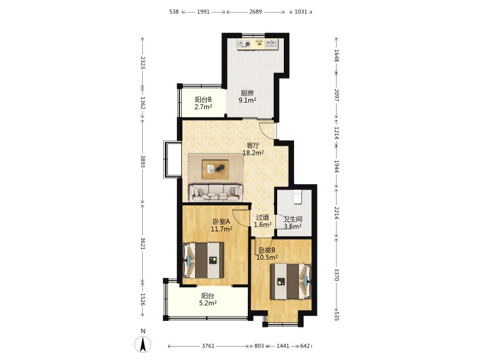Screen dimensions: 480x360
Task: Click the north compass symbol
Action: [x=143, y=344]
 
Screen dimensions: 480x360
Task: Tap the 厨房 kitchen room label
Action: [x=247, y=93]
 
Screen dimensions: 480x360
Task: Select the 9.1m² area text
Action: [x=247, y=100]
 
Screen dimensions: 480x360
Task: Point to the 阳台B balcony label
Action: [x=203, y=100]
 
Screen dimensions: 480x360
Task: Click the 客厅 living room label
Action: [x=253, y=145]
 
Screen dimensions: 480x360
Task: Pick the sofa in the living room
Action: [x=216, y=193]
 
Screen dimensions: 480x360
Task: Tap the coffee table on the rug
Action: [x=215, y=169]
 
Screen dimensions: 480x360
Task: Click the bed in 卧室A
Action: [x=203, y=260]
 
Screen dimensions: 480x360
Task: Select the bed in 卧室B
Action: [x=290, y=281]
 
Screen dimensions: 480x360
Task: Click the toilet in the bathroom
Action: [x=298, y=197]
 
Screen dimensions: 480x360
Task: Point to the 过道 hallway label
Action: [x=263, y=217]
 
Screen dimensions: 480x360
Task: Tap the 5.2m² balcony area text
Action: [x=208, y=303]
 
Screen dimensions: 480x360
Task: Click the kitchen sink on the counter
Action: [x=271, y=44]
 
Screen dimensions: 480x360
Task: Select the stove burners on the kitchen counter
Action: [x=244, y=44]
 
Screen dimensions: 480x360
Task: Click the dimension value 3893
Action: [x=143, y=161]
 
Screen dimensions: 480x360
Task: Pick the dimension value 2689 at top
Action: [x=256, y=12]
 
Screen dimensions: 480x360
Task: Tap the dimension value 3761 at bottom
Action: [x=208, y=346]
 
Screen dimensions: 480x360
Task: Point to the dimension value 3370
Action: [x=337, y=275]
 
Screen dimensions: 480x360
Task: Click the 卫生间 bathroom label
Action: [x=293, y=219]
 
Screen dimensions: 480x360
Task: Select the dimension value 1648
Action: [x=337, y=55]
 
